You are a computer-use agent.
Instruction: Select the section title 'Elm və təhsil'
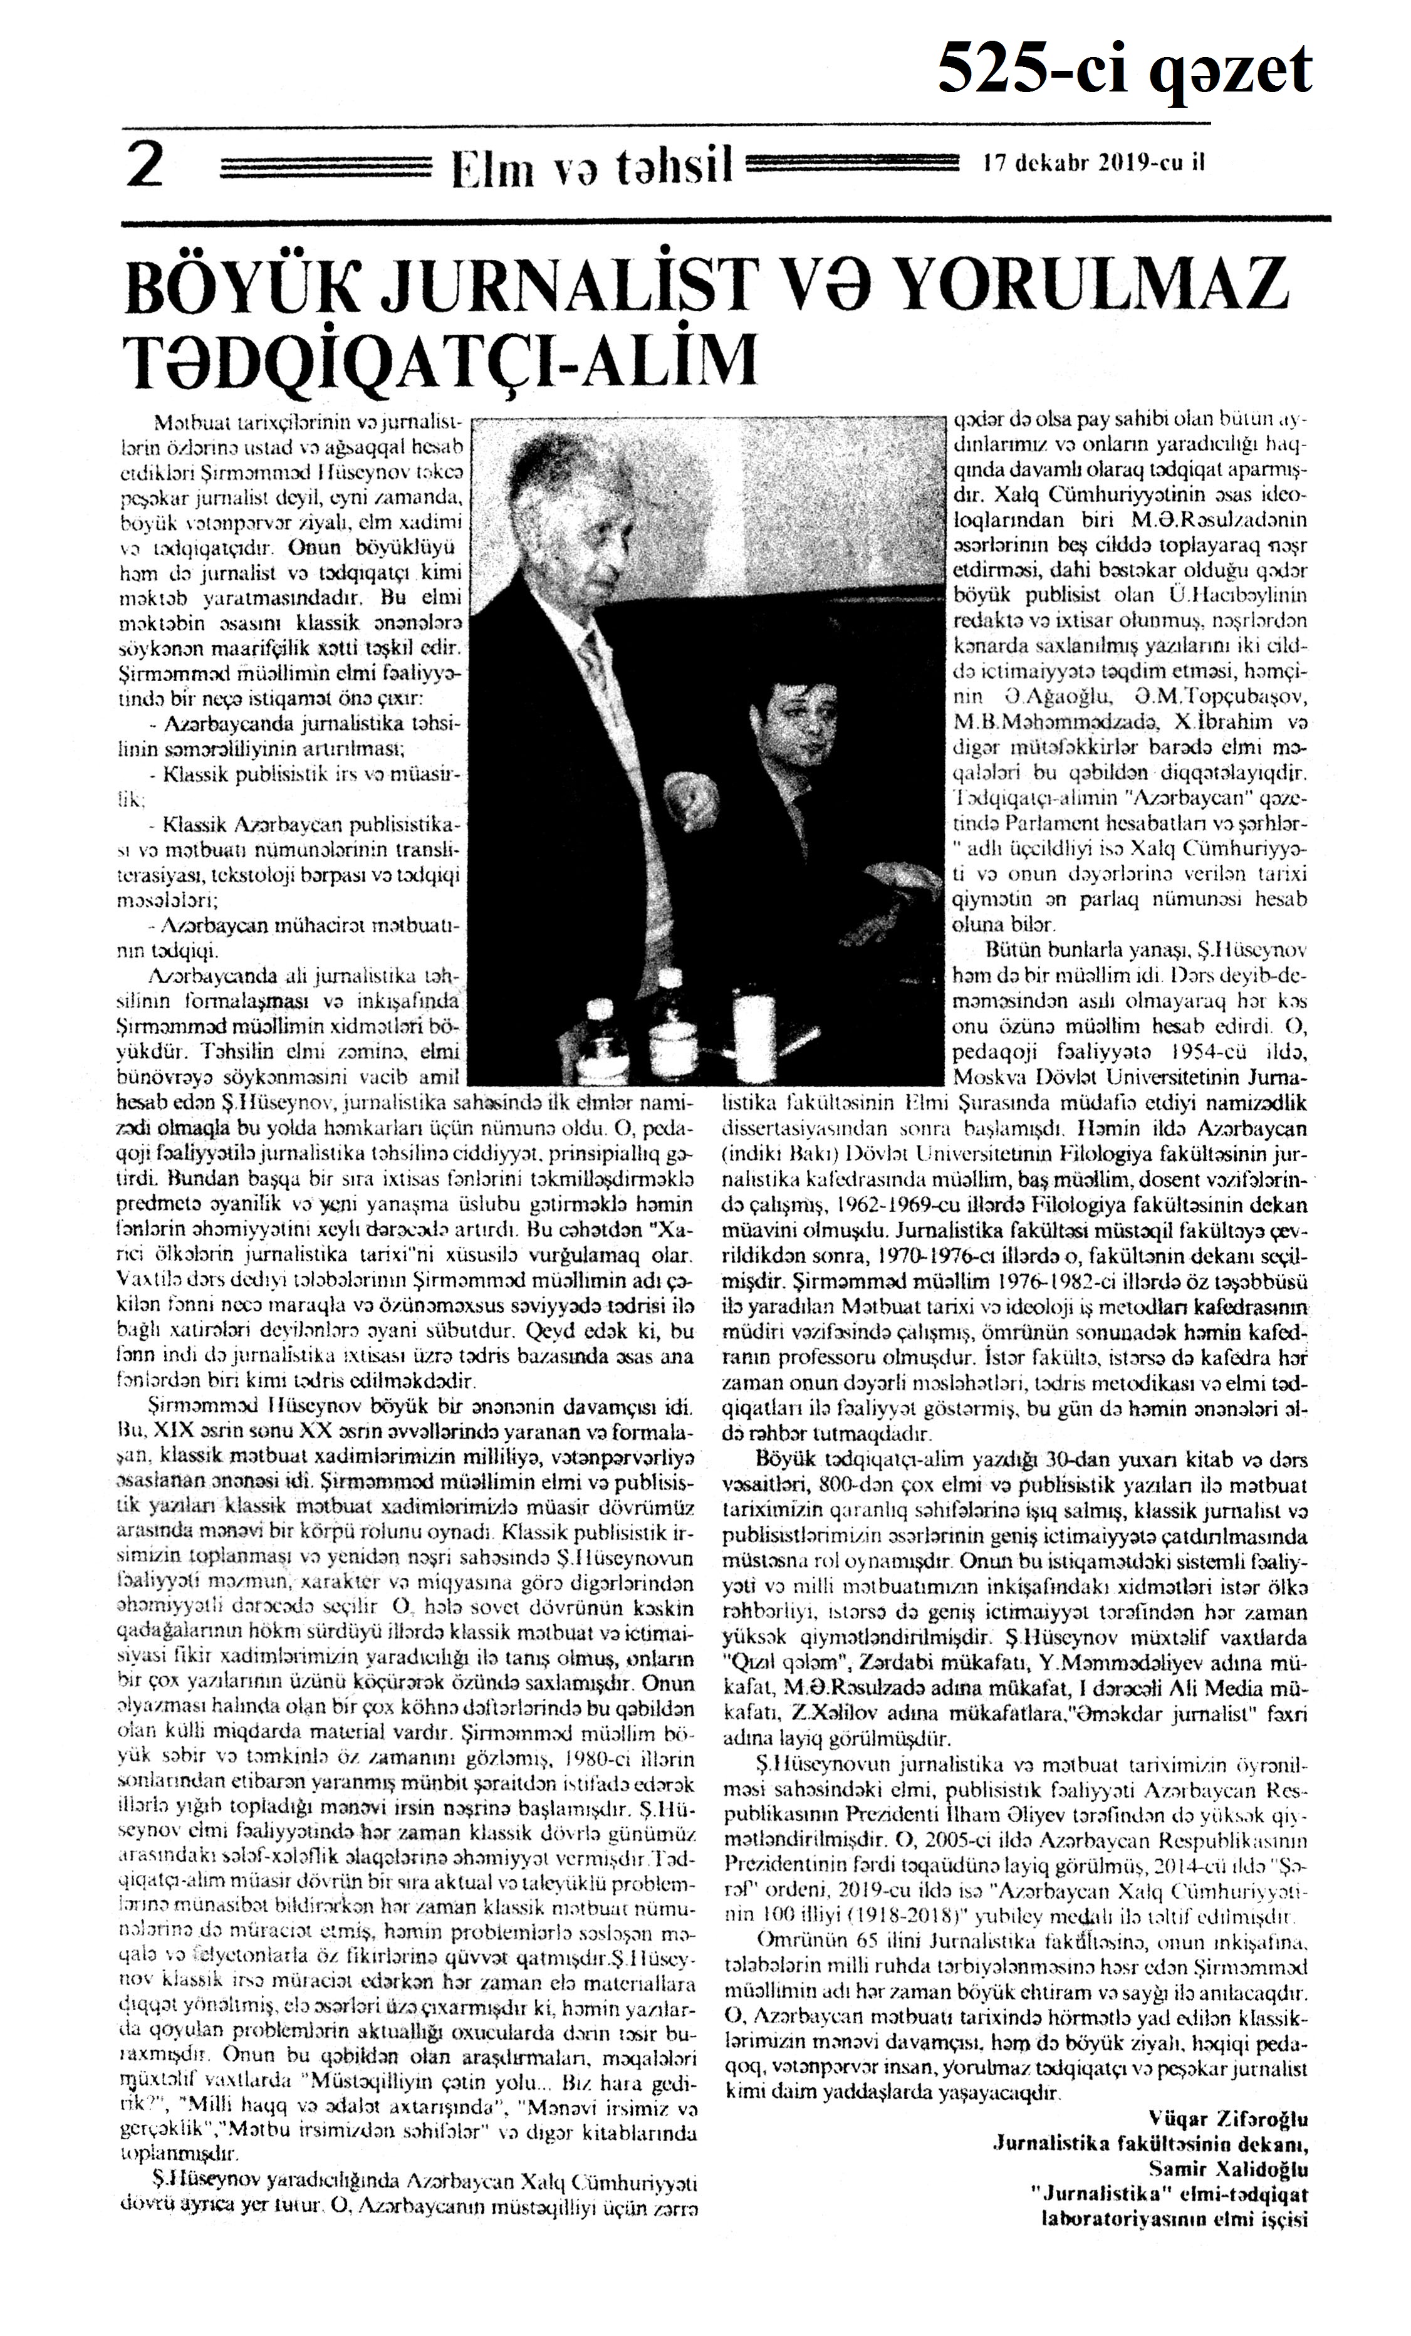coord(593,169)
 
